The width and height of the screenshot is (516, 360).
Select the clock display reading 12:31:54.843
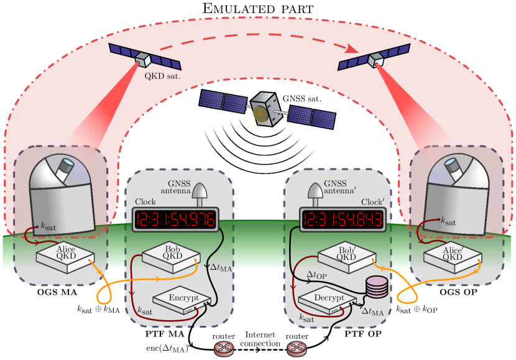[341, 219]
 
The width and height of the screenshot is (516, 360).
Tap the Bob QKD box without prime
[171, 256]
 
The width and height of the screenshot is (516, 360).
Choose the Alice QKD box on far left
[65, 256]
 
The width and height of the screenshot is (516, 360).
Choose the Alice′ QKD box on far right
[452, 257]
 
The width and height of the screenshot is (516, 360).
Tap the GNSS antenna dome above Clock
[200, 195]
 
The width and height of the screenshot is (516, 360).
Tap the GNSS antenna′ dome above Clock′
[315, 195]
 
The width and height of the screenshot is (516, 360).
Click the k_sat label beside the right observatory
[448, 221]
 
